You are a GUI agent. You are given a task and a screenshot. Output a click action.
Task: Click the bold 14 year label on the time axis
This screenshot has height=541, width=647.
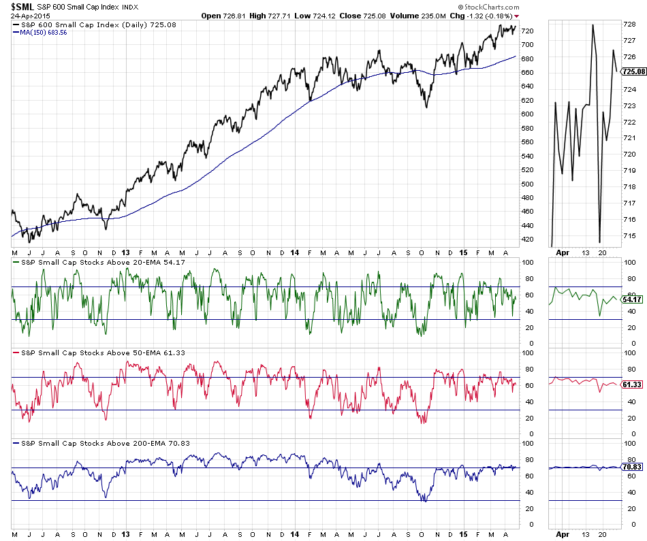coord(294,250)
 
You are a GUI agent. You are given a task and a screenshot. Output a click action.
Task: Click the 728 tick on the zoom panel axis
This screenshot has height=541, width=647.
coord(629,24)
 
